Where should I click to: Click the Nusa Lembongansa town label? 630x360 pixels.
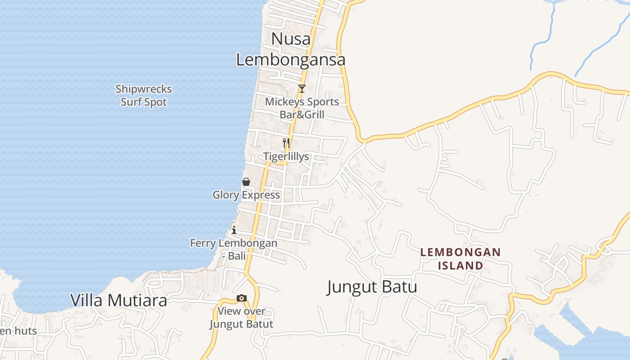point(291,49)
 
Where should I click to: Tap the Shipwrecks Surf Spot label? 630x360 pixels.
point(144,95)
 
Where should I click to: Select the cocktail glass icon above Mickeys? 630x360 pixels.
point(302,88)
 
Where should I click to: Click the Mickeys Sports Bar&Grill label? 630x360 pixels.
point(302,108)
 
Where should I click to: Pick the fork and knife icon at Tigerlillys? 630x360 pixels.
point(286,143)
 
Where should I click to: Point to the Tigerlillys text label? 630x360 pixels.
point(286,157)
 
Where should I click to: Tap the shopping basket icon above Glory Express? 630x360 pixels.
point(246,182)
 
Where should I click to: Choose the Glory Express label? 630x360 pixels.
point(246,195)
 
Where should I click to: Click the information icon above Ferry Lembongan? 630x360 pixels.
point(234,230)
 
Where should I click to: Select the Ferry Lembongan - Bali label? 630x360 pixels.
point(234,249)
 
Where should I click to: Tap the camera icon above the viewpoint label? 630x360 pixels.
point(242,298)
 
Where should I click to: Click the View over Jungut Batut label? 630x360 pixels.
point(242,317)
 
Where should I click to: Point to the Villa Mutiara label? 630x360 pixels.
point(119,300)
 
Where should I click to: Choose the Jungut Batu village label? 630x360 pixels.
point(372,287)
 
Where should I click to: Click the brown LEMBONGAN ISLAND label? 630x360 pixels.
point(460,259)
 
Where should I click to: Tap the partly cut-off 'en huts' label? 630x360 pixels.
point(18,331)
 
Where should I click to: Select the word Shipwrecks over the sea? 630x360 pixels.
point(144,89)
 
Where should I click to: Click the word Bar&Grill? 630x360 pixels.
point(302,115)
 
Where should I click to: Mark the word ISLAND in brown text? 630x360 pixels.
point(460,265)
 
